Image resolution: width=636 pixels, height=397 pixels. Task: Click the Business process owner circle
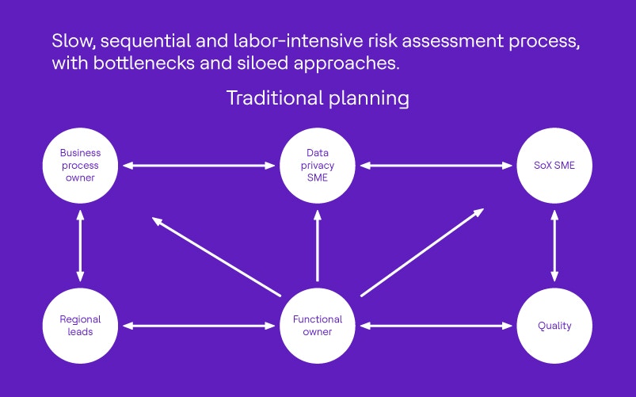[80, 166]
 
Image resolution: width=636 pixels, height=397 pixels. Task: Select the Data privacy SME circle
[318, 166]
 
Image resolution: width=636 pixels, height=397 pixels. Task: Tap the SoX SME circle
[554, 166]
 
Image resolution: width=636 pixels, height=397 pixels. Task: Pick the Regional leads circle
[80, 326]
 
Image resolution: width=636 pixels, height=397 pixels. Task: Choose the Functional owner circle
[318, 326]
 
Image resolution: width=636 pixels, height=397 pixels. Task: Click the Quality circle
[554, 326]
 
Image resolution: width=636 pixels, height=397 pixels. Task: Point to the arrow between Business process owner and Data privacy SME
[199, 166]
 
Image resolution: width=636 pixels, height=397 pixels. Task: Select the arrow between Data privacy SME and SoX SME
[436, 166]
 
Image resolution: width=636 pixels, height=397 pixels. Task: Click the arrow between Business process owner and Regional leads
[80, 246]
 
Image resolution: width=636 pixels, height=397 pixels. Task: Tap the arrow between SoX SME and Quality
[554, 246]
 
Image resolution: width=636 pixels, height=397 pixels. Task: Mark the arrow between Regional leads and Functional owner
[199, 326]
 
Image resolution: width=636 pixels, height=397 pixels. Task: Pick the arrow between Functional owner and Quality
[436, 326]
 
